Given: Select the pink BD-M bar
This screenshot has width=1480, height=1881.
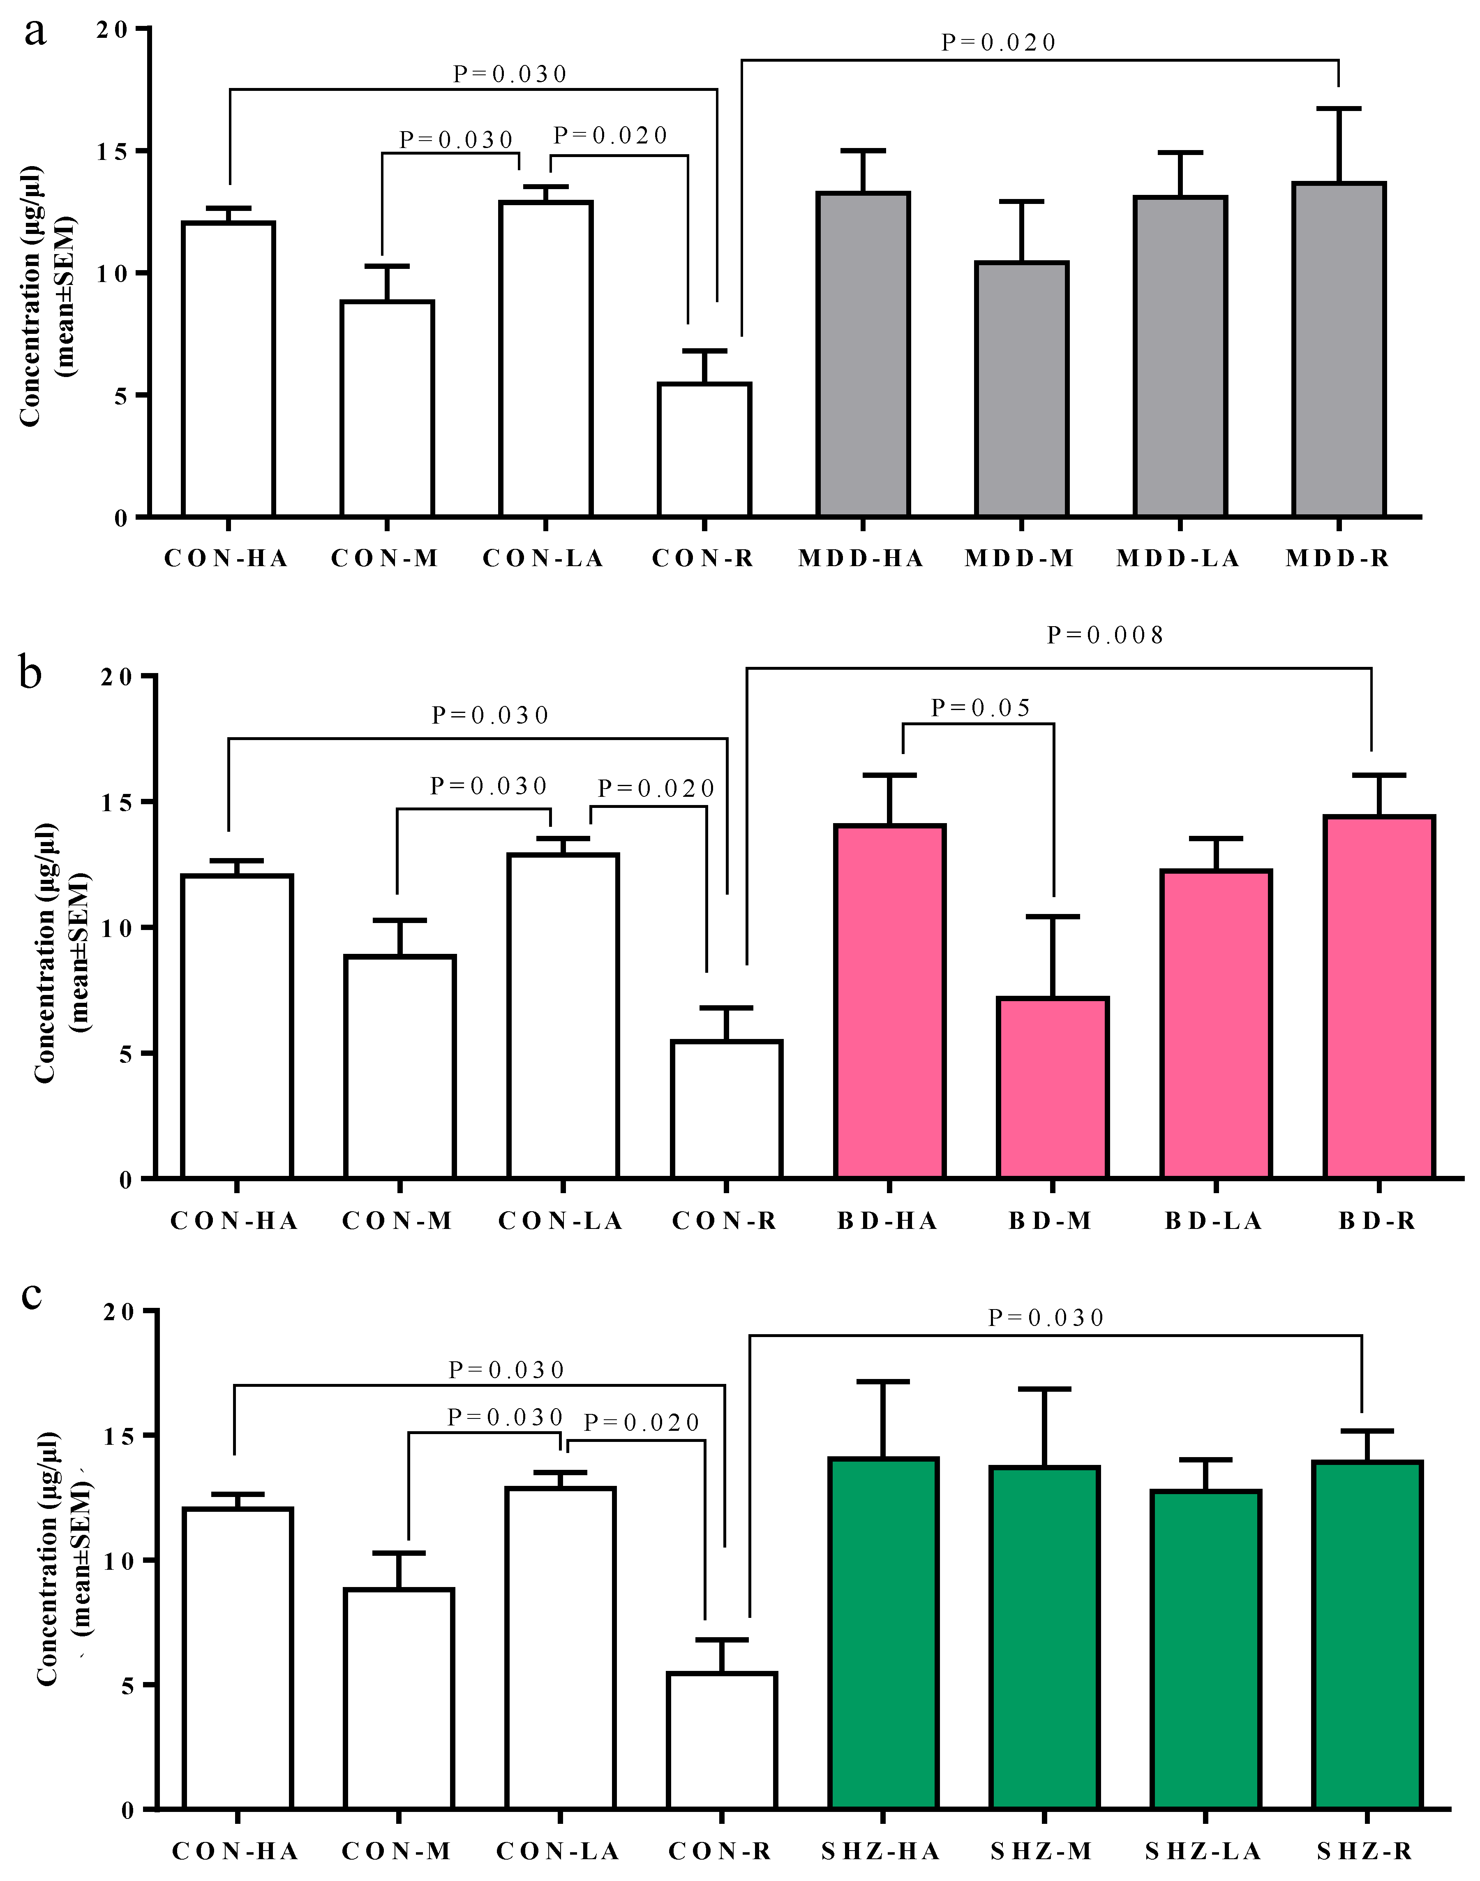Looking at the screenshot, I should (x=1053, y=1088).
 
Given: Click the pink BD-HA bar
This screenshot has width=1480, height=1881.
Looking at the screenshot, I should (x=890, y=1001).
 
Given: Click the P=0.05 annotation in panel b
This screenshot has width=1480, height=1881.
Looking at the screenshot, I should (x=980, y=708).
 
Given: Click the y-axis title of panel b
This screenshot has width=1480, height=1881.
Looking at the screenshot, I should (x=61, y=952).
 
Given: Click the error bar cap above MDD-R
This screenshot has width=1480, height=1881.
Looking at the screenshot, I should (x=1339, y=109).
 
